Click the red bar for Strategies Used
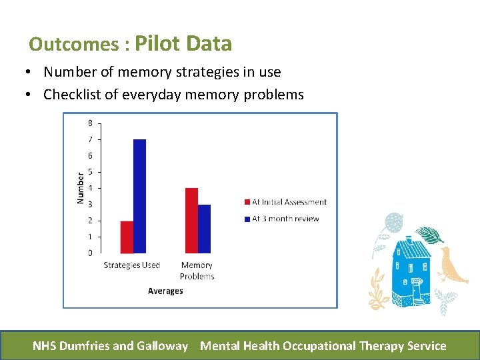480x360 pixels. [127, 237]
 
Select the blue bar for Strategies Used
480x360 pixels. [139, 196]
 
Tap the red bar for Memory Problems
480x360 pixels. [191, 221]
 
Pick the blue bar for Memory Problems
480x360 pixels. [204, 229]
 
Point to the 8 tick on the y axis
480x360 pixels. [90, 123]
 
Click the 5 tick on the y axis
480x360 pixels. [90, 172]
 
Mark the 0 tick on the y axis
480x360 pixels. [90, 253]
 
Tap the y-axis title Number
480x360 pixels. [81, 188]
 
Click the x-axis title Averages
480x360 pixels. [165, 291]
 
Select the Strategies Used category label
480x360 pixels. [132, 265]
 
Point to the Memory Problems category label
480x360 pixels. [197, 271]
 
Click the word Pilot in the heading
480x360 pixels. [158, 44]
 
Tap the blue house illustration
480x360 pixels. [413, 267]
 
